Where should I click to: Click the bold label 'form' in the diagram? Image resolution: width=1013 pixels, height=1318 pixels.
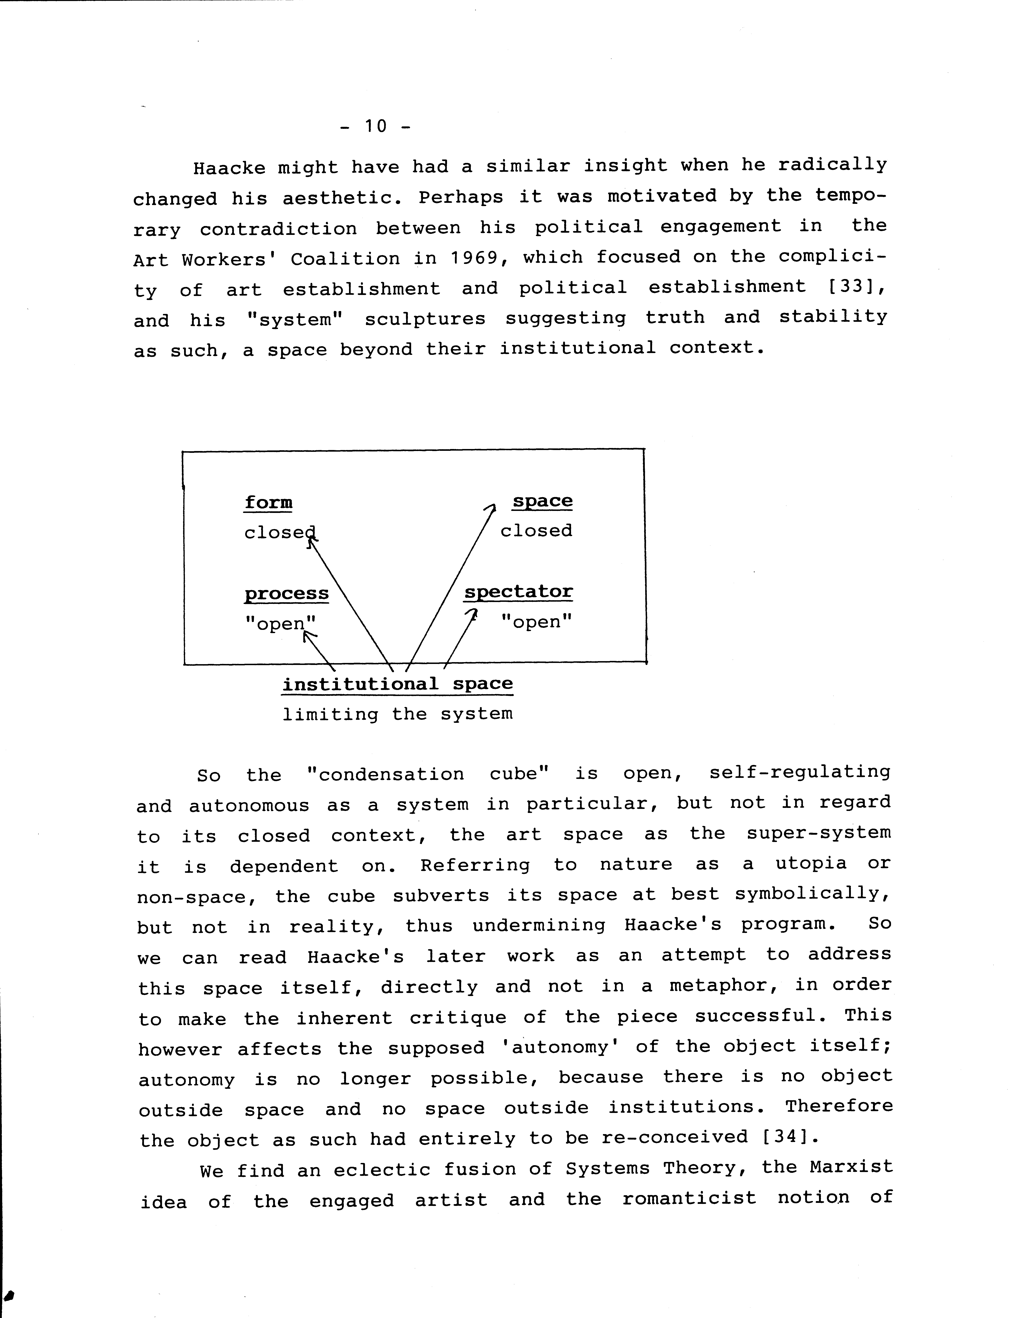(x=268, y=502)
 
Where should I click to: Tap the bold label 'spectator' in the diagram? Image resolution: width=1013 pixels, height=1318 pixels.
(x=518, y=592)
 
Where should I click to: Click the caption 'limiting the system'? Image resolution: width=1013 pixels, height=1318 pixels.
(x=397, y=715)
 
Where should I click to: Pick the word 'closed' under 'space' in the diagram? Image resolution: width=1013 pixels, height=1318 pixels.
(x=536, y=531)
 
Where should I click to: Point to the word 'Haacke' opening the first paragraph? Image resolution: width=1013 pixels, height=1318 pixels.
(x=229, y=167)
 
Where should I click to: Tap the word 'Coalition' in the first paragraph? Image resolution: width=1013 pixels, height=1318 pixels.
(x=345, y=259)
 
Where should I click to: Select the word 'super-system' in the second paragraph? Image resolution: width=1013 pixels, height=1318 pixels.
(x=818, y=834)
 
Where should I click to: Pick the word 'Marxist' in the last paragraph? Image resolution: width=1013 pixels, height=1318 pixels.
(x=850, y=1168)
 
